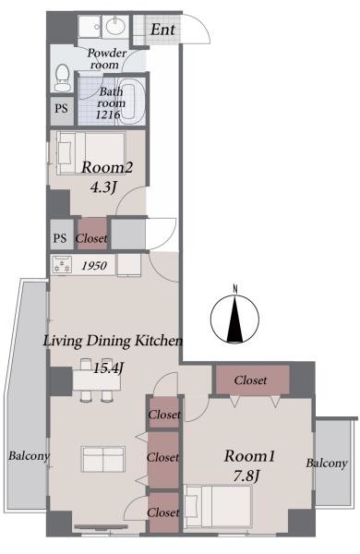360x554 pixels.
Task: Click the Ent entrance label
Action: (x=163, y=29)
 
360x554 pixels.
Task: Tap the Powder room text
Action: (x=106, y=60)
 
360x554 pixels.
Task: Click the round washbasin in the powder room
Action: (x=114, y=24)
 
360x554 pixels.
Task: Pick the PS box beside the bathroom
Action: (x=61, y=108)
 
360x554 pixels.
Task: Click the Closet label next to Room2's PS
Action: (x=91, y=238)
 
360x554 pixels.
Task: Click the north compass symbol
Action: (x=235, y=319)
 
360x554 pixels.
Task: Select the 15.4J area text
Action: (x=108, y=367)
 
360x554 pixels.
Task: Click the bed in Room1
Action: (x=221, y=504)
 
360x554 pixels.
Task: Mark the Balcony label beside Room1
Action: (x=328, y=463)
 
